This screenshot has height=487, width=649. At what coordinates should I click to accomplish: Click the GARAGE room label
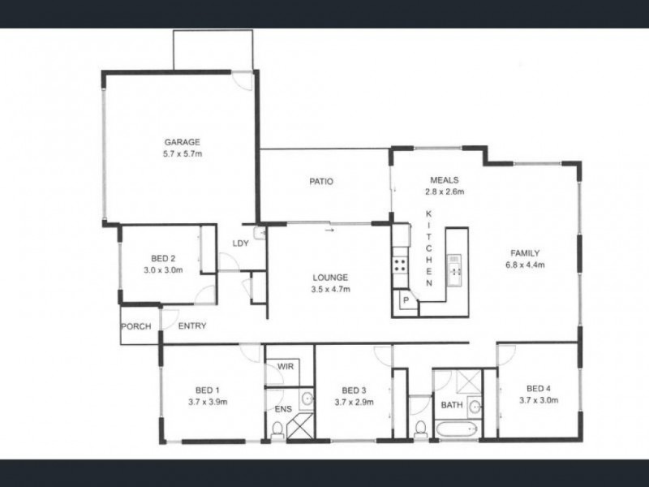tap(182, 141)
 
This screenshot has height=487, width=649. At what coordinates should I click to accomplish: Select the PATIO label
tap(321, 182)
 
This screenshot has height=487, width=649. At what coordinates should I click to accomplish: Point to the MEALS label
tap(444, 181)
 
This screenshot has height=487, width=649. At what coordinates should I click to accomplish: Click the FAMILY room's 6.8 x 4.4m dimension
tap(525, 265)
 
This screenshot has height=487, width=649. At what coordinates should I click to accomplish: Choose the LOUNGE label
tap(329, 277)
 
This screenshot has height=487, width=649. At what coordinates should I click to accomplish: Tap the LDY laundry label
tap(240, 243)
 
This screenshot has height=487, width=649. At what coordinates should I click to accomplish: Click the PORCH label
tap(136, 326)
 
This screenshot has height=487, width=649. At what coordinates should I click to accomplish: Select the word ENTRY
tap(192, 326)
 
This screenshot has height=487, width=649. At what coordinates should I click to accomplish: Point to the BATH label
tap(451, 404)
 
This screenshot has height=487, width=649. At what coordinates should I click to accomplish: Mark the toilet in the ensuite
tap(277, 433)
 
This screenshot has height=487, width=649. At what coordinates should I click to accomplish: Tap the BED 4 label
tap(539, 388)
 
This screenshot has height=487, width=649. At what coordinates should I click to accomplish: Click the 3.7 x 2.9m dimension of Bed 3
tap(355, 401)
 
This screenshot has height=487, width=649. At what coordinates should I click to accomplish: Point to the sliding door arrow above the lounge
tap(329, 230)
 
